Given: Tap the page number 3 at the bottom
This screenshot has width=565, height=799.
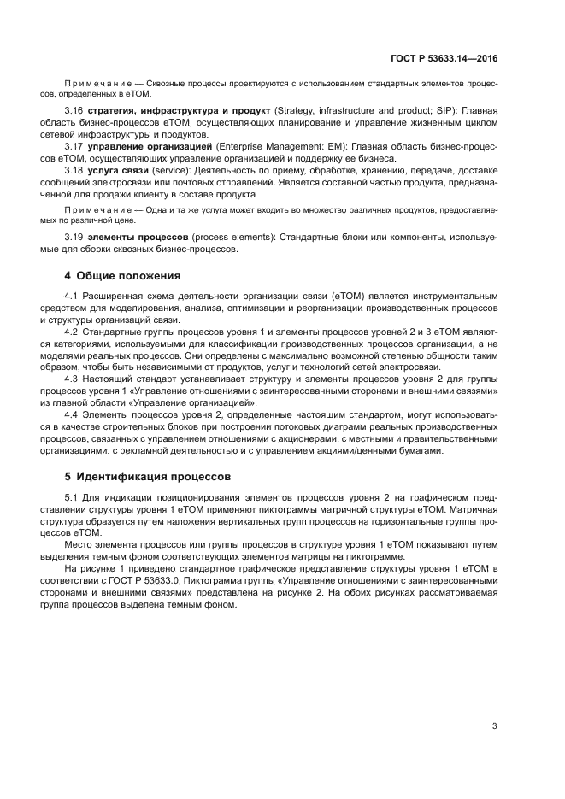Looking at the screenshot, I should tap(494, 726).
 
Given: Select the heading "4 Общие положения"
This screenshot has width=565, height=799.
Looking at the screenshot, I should tap(122, 275).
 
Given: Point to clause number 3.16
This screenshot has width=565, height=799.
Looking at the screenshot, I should tap(74, 111).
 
